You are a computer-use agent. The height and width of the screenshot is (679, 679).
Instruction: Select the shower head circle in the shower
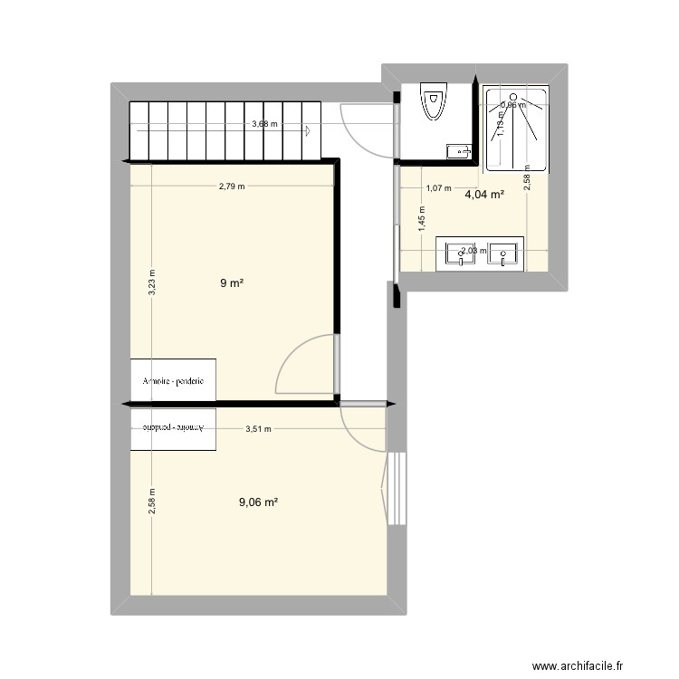tap(514, 97)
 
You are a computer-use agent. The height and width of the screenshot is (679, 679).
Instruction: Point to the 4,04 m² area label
tap(484, 194)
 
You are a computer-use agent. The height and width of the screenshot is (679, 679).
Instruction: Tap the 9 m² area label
tap(232, 283)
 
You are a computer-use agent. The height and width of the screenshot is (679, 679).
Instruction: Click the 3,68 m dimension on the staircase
tap(265, 125)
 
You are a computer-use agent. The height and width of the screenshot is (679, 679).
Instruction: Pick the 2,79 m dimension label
tap(231, 187)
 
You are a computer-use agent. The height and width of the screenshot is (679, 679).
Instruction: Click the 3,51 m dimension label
tap(259, 430)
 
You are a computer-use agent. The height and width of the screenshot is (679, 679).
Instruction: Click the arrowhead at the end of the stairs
tap(310, 131)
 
